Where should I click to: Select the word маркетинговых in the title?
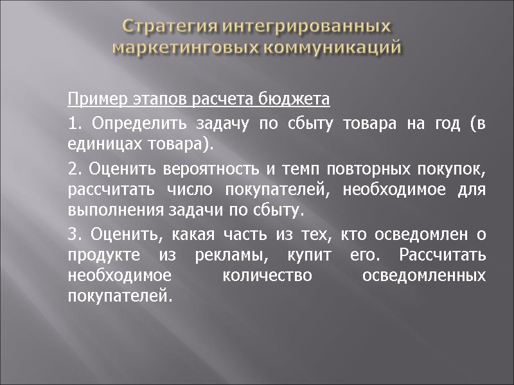(x=173, y=47)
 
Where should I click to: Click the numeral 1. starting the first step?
(x=73, y=124)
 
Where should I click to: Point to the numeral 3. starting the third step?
(x=73, y=235)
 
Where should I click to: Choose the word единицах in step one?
(x=98, y=144)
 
